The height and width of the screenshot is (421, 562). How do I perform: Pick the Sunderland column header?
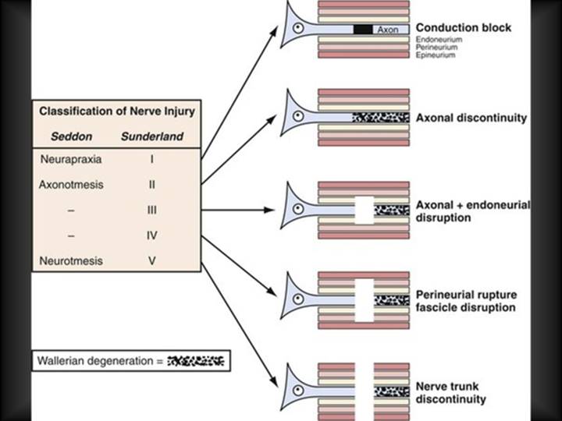coord(152,136)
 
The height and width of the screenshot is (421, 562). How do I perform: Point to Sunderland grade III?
coord(152,211)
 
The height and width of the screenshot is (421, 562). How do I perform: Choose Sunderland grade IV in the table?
coord(152,235)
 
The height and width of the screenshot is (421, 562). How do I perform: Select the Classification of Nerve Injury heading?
coord(117,111)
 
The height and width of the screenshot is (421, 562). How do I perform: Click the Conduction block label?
coord(464,28)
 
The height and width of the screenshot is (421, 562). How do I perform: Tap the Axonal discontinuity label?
coord(471,118)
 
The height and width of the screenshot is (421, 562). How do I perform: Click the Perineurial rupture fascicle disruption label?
coord(465,302)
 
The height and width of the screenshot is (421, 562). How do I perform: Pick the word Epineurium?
coord(435,55)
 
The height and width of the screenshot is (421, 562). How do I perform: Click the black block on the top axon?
coord(362,29)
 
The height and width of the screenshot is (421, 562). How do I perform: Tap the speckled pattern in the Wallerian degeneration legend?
coord(196,361)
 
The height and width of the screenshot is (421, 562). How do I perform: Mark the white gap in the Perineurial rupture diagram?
coord(364,299)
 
